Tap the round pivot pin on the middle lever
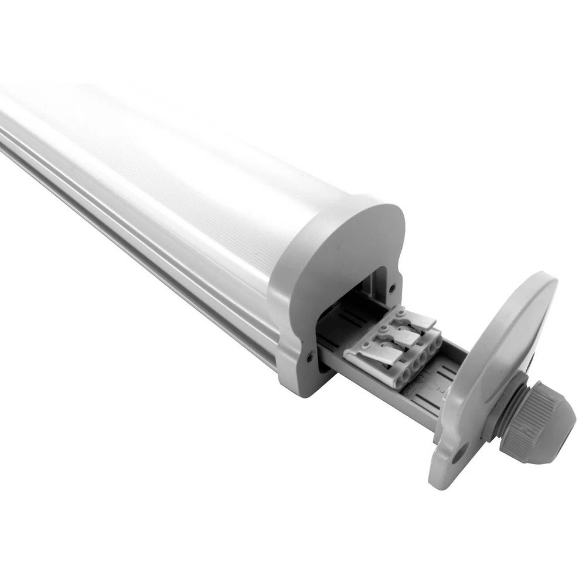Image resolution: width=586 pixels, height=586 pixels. click(x=384, y=329)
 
